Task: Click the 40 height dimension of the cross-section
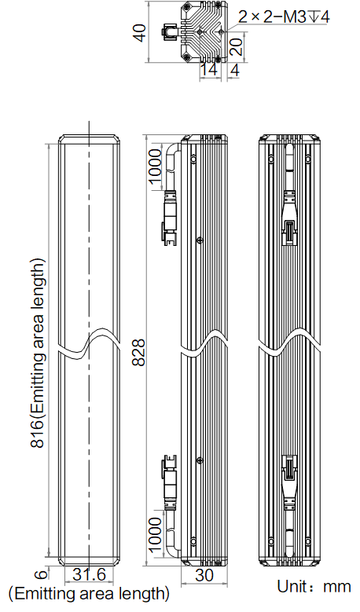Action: tap(140, 32)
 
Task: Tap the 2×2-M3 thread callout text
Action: tap(284, 16)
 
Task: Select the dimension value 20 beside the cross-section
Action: tap(237, 47)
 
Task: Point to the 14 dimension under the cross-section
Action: tap(209, 70)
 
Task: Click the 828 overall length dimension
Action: tap(138, 353)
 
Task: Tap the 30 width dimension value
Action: tap(204, 575)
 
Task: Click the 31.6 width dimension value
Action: tap(90, 574)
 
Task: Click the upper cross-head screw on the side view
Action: tap(200, 240)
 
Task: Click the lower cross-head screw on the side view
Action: tap(200, 460)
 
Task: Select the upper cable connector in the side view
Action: tap(170, 217)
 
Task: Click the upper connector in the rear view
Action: tap(289, 218)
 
